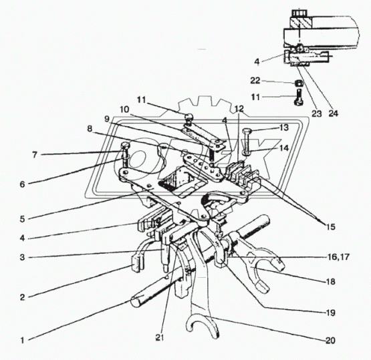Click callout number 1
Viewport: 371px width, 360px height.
point(22,341)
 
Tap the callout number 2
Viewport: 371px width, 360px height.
point(22,297)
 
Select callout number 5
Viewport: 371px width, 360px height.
point(22,219)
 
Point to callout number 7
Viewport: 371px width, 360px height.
point(35,155)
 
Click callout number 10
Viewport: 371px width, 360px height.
point(124,110)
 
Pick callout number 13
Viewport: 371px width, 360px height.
point(284,128)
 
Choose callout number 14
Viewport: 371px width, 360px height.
point(284,148)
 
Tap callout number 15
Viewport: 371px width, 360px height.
point(331,227)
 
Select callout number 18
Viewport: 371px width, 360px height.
point(330,282)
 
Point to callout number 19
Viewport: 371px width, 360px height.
point(330,313)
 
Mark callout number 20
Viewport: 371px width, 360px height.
point(330,341)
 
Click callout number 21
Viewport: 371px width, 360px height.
point(160,338)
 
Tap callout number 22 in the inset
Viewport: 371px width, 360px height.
point(255,81)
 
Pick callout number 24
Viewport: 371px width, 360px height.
point(334,114)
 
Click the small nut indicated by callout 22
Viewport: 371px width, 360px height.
point(299,83)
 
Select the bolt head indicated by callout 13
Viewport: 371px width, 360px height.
point(246,130)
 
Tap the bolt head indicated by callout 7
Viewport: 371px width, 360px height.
point(126,145)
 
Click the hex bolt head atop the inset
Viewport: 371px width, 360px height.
point(299,13)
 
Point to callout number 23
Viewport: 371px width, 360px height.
point(317,114)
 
